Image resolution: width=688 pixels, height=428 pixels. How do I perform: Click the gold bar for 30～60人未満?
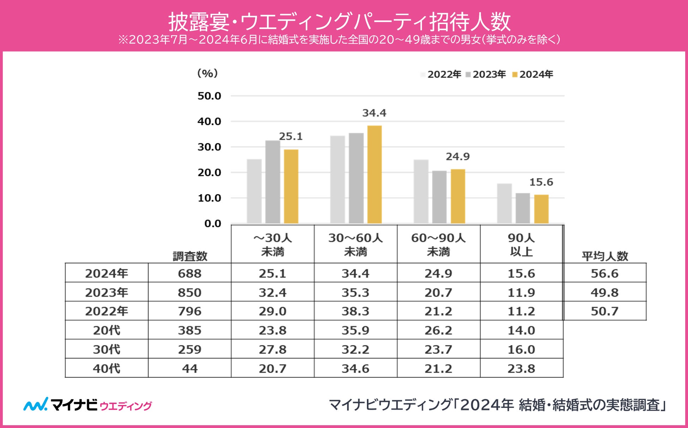pyautogui.click(x=374, y=175)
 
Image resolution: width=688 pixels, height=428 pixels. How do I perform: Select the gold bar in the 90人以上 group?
pyautogui.click(x=541, y=209)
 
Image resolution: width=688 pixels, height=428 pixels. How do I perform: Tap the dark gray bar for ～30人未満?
pyautogui.click(x=273, y=182)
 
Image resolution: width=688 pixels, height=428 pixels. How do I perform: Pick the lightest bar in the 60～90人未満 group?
pyautogui.click(x=421, y=192)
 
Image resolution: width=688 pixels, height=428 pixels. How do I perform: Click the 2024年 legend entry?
pyautogui.click(x=533, y=74)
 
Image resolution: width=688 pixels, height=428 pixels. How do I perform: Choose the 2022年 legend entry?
pyautogui.click(x=441, y=74)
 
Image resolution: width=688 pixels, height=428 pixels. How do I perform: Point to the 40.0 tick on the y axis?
pyautogui.click(x=209, y=121)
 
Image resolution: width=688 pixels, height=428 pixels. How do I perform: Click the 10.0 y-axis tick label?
pyautogui.click(x=209, y=198)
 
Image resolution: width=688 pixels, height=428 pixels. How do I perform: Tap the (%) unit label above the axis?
pyautogui.click(x=207, y=73)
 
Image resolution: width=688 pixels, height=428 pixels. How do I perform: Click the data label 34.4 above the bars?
pyautogui.click(x=374, y=113)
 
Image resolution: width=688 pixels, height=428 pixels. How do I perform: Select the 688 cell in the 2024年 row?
pyautogui.click(x=189, y=273)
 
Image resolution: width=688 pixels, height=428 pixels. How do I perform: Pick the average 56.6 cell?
pyautogui.click(x=604, y=273)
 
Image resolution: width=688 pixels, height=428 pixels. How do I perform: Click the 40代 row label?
pyautogui.click(x=107, y=368)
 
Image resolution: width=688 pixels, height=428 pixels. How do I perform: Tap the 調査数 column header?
pyautogui.click(x=190, y=256)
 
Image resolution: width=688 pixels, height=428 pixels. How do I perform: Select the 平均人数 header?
pyautogui.click(x=605, y=256)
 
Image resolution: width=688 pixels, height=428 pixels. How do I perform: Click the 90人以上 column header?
pyautogui.click(x=521, y=245)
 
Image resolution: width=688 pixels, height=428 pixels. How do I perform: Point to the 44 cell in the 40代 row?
pyautogui.click(x=189, y=368)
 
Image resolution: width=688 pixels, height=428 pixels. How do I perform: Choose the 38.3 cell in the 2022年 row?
pyautogui.click(x=355, y=311)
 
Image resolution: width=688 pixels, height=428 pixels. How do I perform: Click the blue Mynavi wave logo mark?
pyautogui.click(x=36, y=404)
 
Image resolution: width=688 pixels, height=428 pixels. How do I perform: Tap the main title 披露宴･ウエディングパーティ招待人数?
pyautogui.click(x=339, y=22)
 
